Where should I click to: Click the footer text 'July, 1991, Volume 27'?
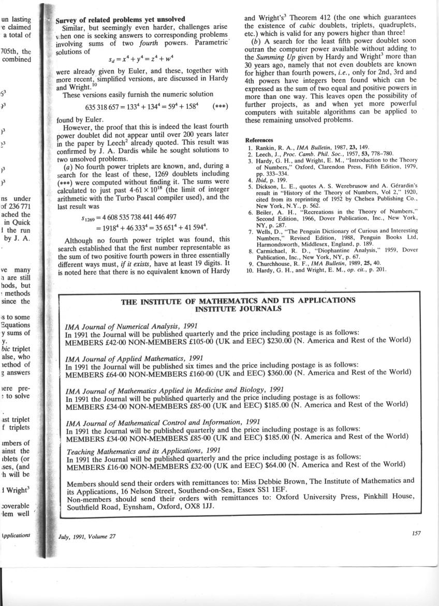(x=87, y=536)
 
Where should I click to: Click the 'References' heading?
(x=258, y=140)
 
